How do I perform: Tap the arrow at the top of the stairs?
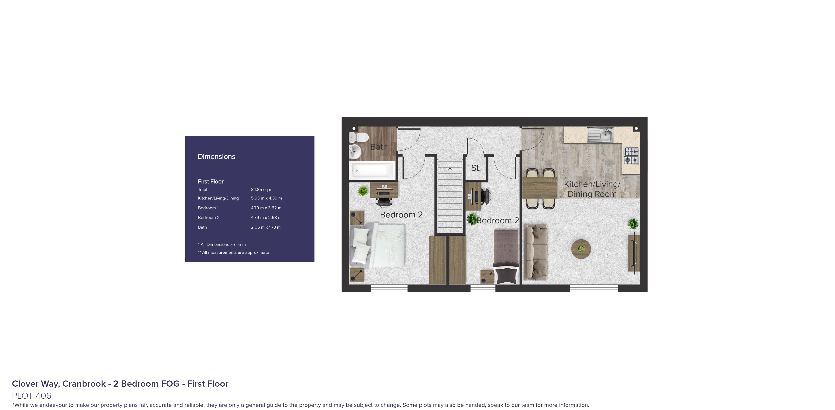(450, 169)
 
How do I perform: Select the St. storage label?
(475, 168)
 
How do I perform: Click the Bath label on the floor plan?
(379, 147)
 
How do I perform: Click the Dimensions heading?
(216, 157)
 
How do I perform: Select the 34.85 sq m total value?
(261, 190)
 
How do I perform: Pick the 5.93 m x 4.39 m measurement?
(266, 198)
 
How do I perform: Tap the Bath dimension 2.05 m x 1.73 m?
(265, 227)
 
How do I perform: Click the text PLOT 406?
(32, 396)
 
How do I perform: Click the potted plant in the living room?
(633, 224)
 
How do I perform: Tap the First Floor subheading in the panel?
(211, 181)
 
